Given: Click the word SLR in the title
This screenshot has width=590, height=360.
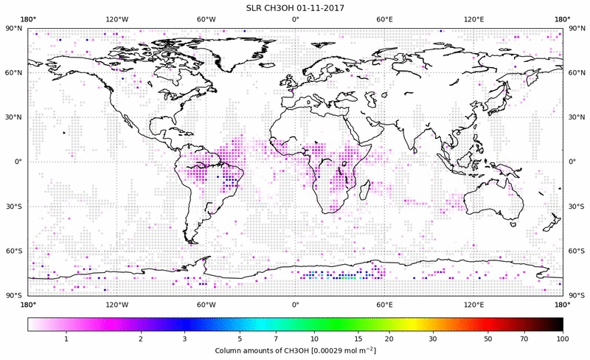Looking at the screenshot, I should tap(254, 7).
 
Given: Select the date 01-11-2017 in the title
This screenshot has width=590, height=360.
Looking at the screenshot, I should tap(319, 7).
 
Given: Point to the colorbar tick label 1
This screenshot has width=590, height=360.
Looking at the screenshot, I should tap(66, 338).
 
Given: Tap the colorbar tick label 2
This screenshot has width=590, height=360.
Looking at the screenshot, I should tap(140, 338).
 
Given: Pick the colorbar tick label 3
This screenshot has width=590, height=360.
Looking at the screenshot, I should tap(184, 338).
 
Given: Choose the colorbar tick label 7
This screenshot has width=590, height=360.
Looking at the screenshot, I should tap(275, 338).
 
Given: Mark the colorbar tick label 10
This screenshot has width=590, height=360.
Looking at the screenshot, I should tap(315, 338).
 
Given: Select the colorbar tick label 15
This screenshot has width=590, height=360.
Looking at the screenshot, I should tap(358, 338).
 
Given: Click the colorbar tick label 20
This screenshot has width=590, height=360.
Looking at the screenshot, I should tap(389, 338).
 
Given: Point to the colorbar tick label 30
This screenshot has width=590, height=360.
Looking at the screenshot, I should tap(433, 338).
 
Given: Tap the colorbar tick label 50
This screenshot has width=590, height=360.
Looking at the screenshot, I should tap(488, 338).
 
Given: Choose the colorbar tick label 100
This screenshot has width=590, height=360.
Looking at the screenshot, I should tap(563, 338).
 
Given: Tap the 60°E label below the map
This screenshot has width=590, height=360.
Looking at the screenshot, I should tap(385, 304).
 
